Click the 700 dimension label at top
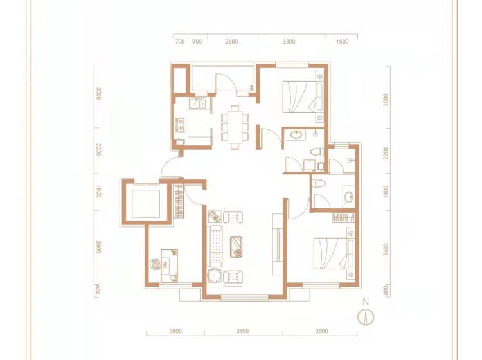click(x=179, y=42)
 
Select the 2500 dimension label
click(x=231, y=42)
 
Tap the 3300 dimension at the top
click(x=289, y=42)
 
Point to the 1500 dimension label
click(x=343, y=42)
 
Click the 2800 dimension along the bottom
click(x=175, y=331)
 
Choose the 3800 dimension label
click(x=242, y=331)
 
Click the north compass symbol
click(x=366, y=317)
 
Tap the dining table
click(x=235, y=127)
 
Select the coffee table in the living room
click(x=237, y=247)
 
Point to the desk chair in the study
click(x=156, y=264)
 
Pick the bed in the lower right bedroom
click(x=334, y=253)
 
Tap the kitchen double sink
click(x=198, y=104)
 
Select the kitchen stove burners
click(x=180, y=125)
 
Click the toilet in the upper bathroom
click(x=317, y=152)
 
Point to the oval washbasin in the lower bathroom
click(x=348, y=197)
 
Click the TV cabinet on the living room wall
click(x=278, y=244)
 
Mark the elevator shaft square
click(x=146, y=204)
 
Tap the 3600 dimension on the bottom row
click(x=321, y=331)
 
